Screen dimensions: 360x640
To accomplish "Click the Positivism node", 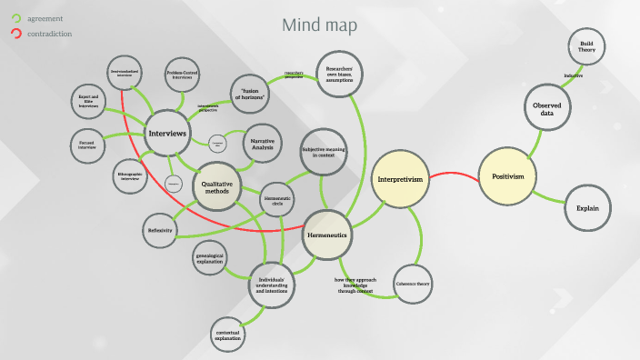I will click(x=508, y=176).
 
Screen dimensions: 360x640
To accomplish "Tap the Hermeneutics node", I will click(x=327, y=235).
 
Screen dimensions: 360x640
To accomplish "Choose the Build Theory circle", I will click(x=585, y=47).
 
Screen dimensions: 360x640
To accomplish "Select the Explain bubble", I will click(x=586, y=209).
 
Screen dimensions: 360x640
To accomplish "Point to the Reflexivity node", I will click(x=162, y=231).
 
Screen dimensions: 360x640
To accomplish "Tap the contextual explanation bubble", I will click(x=228, y=336).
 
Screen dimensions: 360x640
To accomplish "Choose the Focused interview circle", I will click(x=88, y=145).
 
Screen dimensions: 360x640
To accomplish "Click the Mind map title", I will click(x=319, y=25).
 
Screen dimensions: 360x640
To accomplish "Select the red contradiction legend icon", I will click(x=15, y=34).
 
